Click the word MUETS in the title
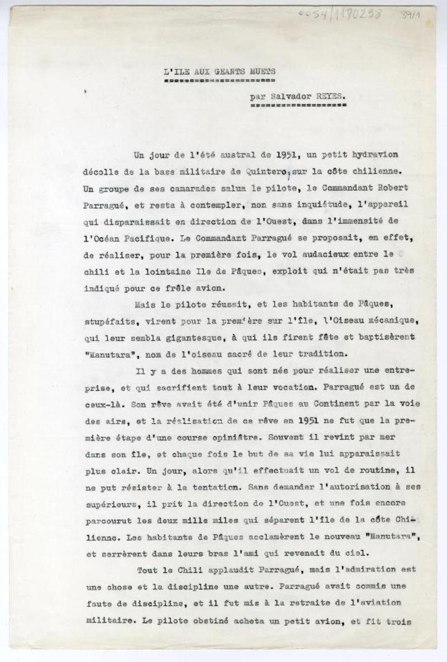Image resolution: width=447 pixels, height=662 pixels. pos(263,71)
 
